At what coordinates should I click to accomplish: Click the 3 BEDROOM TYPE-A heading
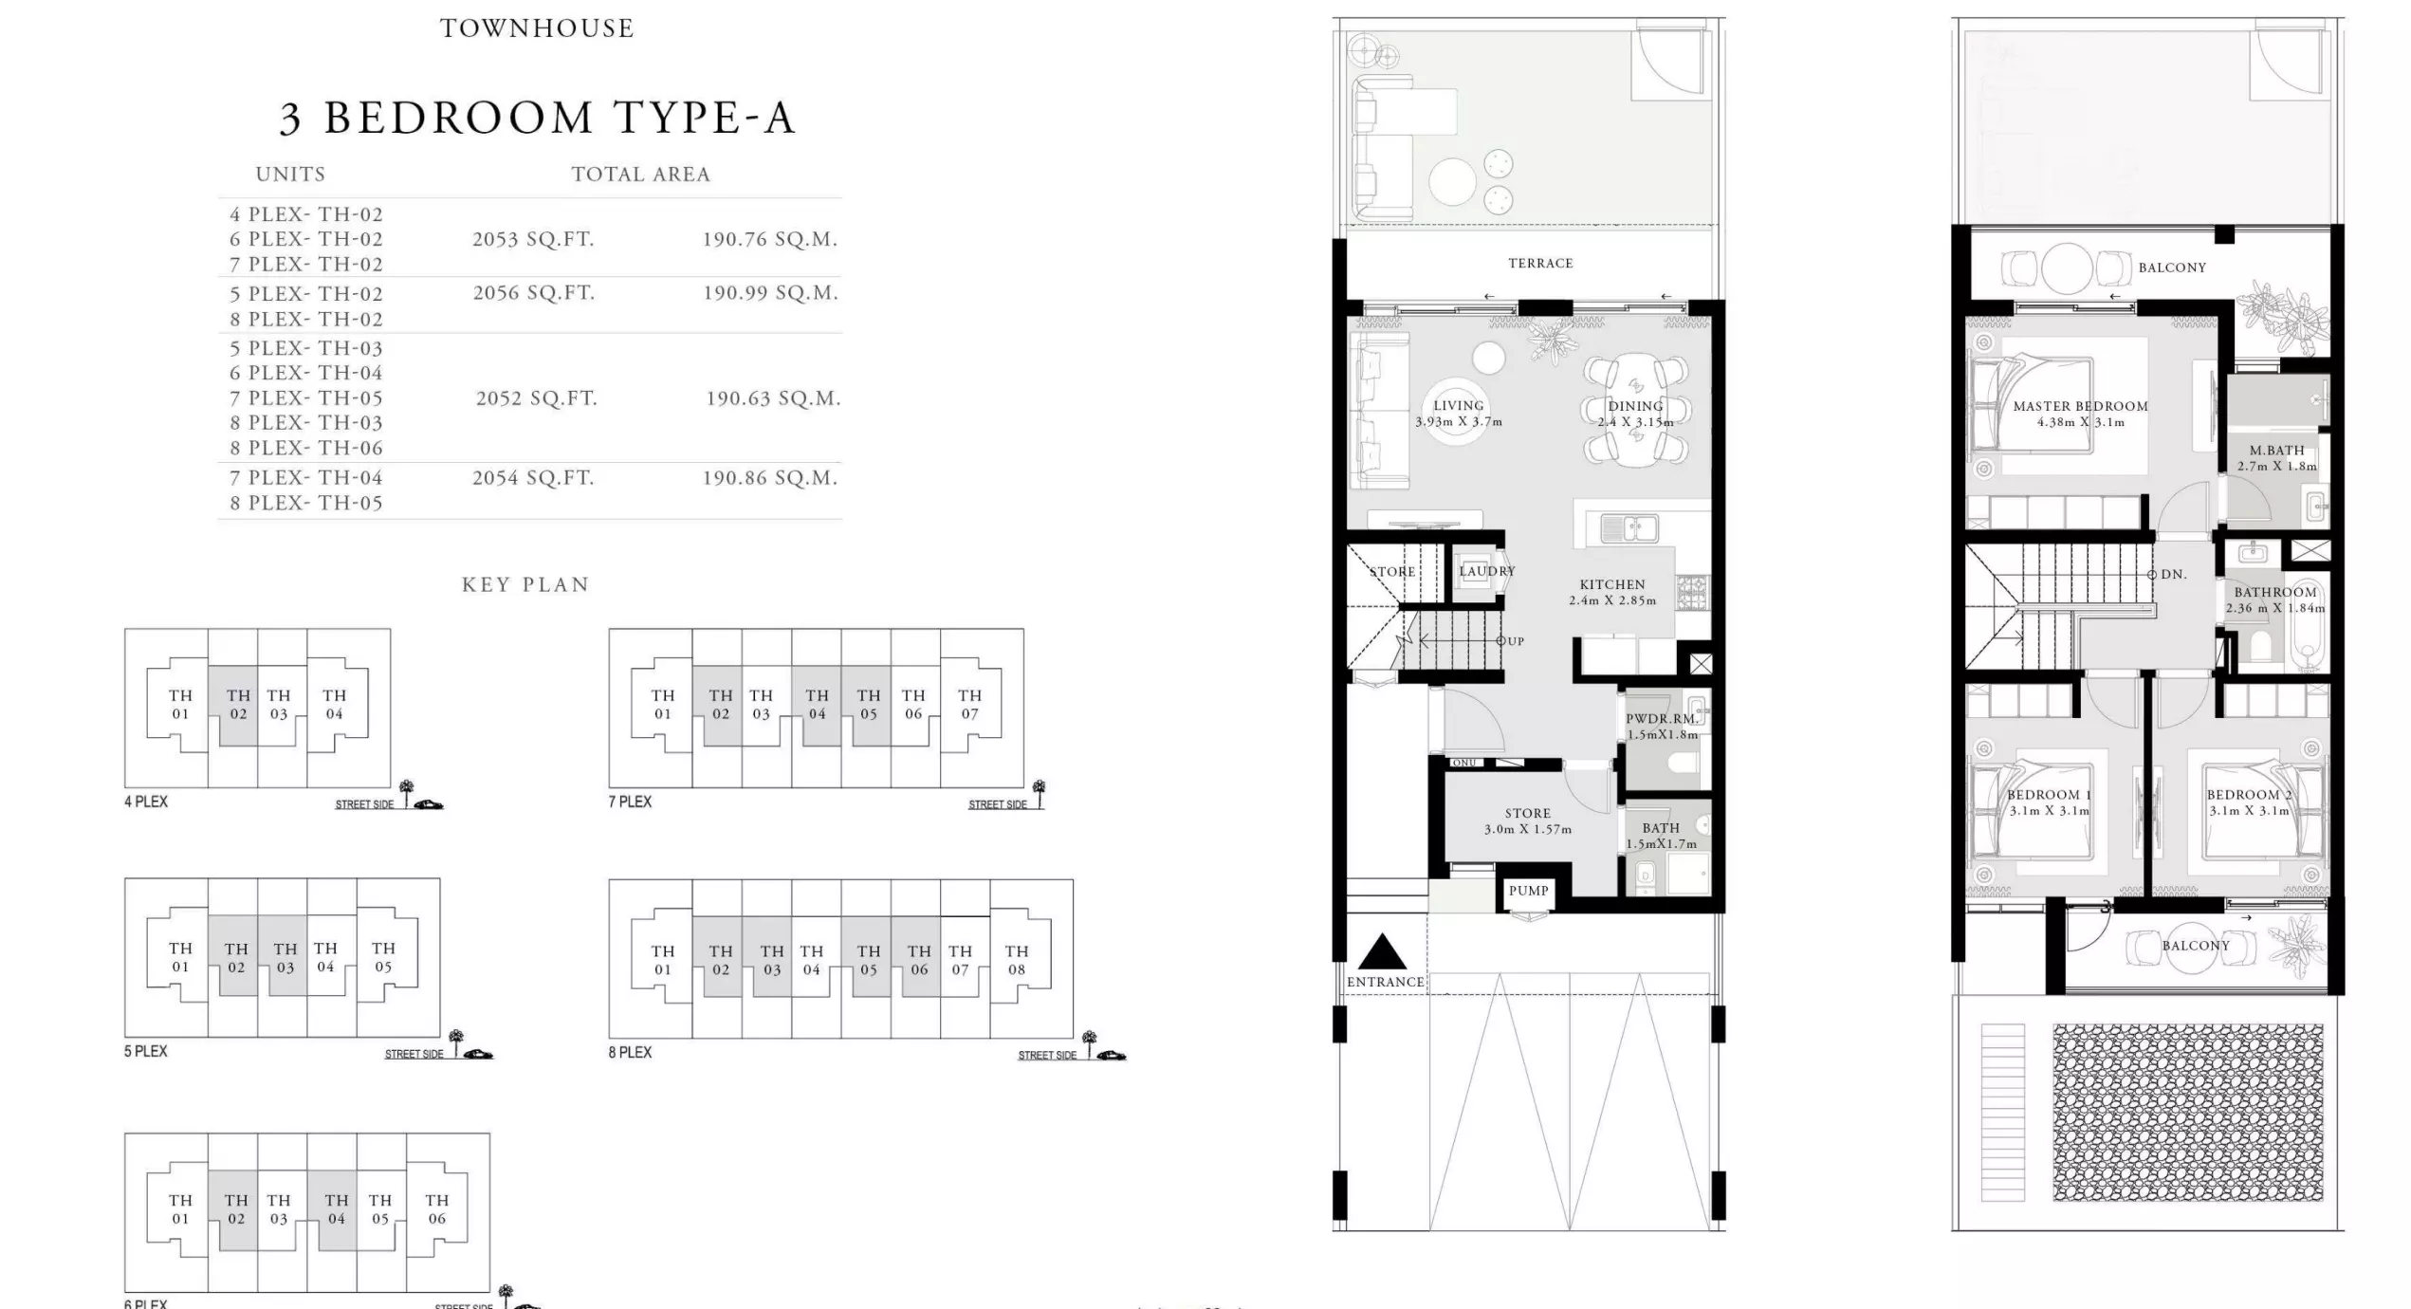[537, 119]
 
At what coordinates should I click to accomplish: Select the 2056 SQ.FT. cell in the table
[534, 293]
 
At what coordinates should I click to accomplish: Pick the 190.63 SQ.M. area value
[773, 398]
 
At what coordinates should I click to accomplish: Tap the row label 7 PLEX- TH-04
[305, 478]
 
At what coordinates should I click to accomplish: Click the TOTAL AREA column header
[640, 175]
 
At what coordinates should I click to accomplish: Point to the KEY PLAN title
[525, 584]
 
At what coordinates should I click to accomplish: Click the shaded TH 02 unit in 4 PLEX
[238, 705]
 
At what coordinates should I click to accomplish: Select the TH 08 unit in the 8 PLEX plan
[1016, 960]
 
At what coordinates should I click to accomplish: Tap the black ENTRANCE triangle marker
[1382, 952]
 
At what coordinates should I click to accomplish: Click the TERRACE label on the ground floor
[1540, 263]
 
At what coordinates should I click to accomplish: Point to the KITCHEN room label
[1611, 584]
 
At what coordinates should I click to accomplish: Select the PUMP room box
[1528, 891]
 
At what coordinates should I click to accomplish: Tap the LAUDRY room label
[1486, 571]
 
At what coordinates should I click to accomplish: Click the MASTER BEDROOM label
[2080, 406]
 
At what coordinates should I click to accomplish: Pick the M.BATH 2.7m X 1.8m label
[2276, 458]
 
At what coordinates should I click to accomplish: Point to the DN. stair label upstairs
[2173, 575]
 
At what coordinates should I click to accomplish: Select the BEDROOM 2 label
[2249, 795]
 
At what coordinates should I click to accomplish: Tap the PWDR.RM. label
[1662, 719]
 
